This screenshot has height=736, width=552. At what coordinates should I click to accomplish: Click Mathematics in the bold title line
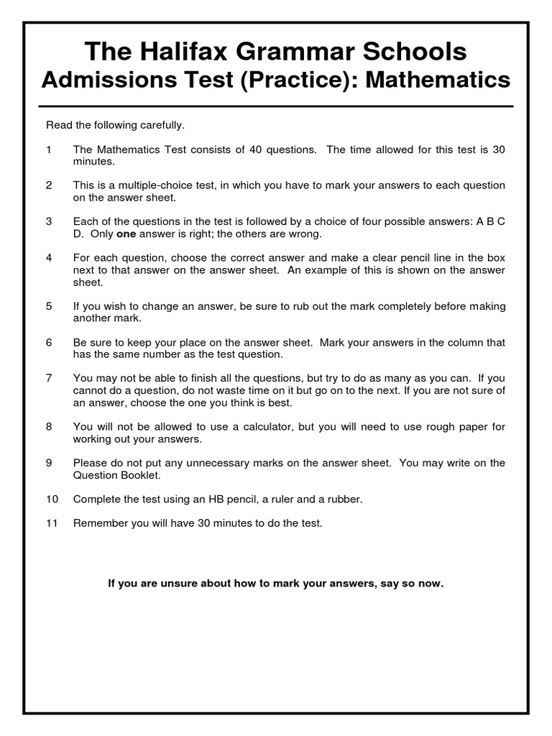tap(438, 80)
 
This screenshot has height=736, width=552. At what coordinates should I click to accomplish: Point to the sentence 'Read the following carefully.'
tap(116, 125)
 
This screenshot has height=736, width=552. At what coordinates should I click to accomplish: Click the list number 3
tap(49, 221)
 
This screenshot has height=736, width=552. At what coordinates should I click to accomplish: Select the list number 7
tap(49, 378)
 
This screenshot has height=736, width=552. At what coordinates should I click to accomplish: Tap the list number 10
tap(51, 499)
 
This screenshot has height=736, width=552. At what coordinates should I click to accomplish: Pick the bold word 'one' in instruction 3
tap(126, 234)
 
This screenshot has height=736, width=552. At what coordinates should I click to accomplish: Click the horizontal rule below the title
tap(276, 106)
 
